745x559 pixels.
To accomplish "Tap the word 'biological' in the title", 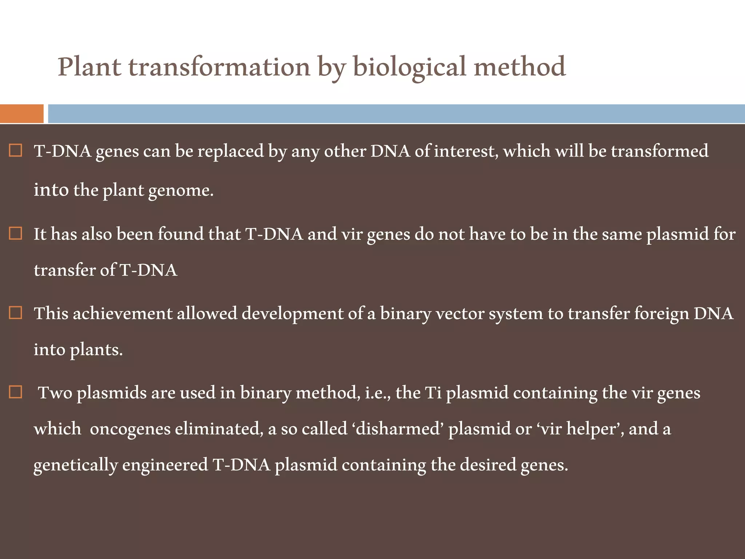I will click(x=409, y=67).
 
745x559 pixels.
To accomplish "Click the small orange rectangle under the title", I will click(x=21, y=114).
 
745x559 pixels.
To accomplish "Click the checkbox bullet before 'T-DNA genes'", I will click(x=15, y=150).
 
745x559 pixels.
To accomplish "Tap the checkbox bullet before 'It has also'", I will click(x=15, y=233).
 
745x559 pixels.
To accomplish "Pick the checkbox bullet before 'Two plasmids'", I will click(x=15, y=392).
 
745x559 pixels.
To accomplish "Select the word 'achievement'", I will click(x=122, y=313).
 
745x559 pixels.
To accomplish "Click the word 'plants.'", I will click(x=96, y=350).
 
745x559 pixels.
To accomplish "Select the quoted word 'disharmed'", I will click(x=398, y=429).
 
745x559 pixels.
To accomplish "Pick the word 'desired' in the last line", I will click(x=488, y=465).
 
